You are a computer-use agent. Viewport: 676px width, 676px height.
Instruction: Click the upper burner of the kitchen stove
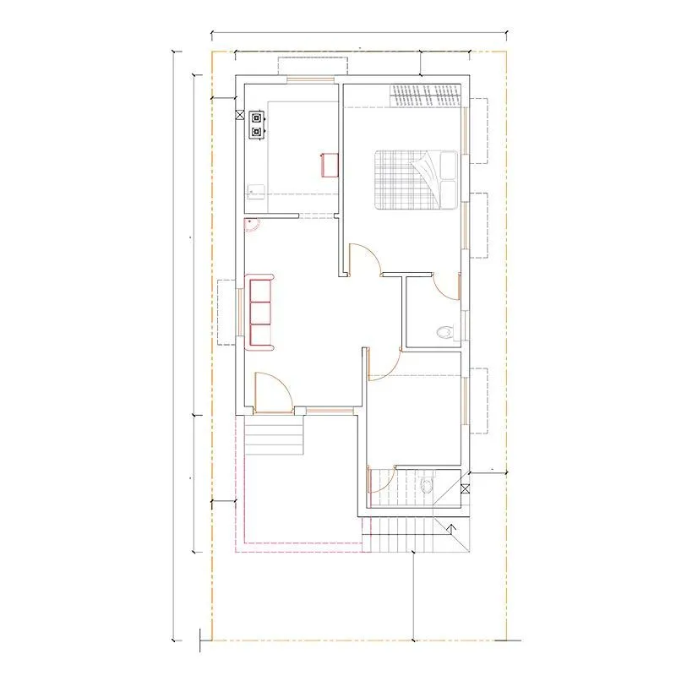256,118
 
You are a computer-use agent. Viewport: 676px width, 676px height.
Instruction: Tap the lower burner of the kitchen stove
256,132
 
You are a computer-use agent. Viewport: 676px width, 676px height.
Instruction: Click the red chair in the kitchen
329,164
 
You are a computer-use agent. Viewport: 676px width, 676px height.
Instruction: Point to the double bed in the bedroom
415,179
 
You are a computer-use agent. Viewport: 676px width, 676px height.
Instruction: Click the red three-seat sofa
259,311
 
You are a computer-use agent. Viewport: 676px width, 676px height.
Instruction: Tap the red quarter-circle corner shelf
250,224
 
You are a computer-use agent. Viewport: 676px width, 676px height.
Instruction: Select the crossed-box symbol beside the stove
240,113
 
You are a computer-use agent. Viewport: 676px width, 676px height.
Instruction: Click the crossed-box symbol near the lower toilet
466,488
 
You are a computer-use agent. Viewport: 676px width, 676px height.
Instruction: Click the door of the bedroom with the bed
364,259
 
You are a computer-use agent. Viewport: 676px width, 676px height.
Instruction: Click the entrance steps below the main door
274,436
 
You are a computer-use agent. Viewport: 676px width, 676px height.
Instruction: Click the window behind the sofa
239,312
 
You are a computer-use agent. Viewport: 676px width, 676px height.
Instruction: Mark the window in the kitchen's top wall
312,80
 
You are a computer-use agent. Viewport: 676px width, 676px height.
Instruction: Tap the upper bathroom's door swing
446,288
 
